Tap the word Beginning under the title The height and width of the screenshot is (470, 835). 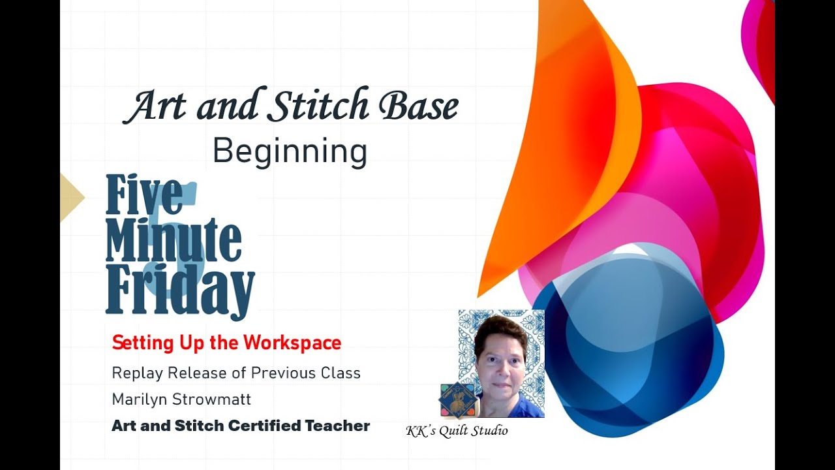click(x=290, y=152)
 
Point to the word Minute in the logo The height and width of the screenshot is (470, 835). click(x=174, y=242)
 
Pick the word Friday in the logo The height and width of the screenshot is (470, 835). click(x=180, y=288)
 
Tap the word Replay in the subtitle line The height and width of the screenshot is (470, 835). click(x=137, y=373)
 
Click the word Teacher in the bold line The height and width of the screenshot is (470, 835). click(x=339, y=426)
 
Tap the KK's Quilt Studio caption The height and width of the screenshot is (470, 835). click(x=457, y=431)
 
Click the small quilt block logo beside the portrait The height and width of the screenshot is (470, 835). click(x=457, y=400)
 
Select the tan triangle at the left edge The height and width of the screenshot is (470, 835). click(x=71, y=197)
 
